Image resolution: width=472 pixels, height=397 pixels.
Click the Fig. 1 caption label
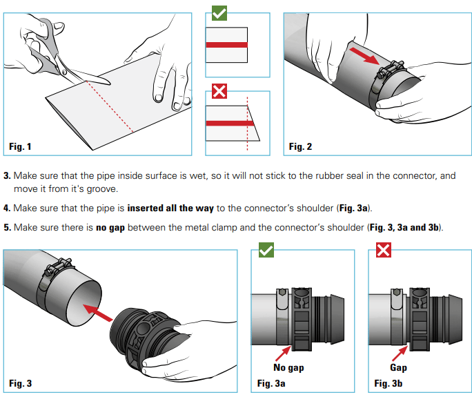20,146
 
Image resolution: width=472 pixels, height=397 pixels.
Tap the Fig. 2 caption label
300,146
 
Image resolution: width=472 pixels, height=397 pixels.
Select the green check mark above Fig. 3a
266,249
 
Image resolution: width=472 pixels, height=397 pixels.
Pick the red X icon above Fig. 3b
383,249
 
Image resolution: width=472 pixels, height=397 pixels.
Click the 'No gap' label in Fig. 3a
289,367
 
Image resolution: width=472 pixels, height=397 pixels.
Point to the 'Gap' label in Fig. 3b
399,367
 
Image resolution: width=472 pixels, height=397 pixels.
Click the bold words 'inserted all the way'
170,208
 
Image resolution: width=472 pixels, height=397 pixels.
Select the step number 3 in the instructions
6,176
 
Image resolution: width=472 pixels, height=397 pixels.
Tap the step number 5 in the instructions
6,227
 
